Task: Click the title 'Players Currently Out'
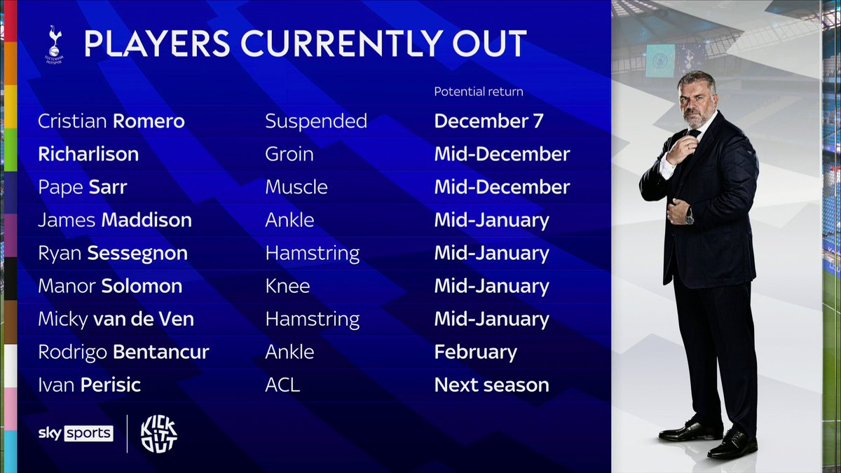[x=305, y=44]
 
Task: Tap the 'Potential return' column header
[x=478, y=92]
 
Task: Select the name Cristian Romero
[x=111, y=121]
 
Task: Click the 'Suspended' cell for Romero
[x=315, y=121]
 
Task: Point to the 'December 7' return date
[x=488, y=121]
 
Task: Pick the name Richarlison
[x=88, y=154]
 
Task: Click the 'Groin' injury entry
[x=289, y=154]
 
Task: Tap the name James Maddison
[x=114, y=220]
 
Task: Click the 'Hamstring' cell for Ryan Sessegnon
[x=312, y=253]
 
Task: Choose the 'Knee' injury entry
[x=287, y=286]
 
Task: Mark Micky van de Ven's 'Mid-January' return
[x=491, y=319]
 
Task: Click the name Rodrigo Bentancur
[x=123, y=352]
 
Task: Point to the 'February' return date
[x=475, y=352]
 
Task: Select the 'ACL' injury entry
[x=282, y=385]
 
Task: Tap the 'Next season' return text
[x=491, y=385]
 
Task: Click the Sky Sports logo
[x=75, y=433]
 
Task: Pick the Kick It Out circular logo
[x=159, y=434]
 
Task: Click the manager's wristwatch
[x=689, y=218]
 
